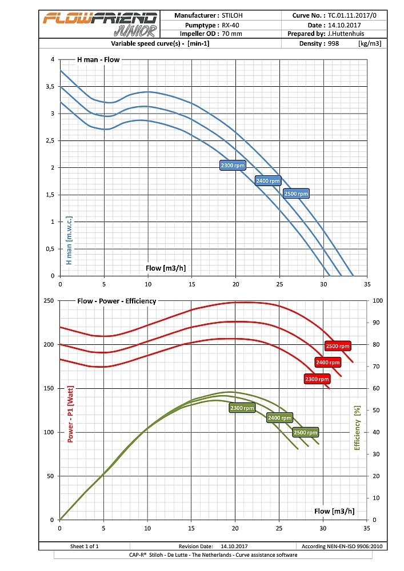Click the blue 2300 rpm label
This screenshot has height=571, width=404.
[233, 166]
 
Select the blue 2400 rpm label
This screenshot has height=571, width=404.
[268, 181]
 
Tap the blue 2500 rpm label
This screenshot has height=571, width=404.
[296, 194]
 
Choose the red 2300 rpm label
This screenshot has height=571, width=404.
[317, 379]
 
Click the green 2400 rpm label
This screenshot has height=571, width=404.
[279, 418]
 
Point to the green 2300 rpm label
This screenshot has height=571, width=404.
[242, 408]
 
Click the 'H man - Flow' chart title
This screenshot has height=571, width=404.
[99, 60]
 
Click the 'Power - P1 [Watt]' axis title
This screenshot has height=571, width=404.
[71, 413]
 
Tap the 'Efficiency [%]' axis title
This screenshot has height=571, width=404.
[358, 427]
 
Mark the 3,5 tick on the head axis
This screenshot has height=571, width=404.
[51, 87]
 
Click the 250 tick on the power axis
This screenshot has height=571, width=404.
[49, 301]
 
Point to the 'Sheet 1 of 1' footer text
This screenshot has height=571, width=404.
[84, 546]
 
